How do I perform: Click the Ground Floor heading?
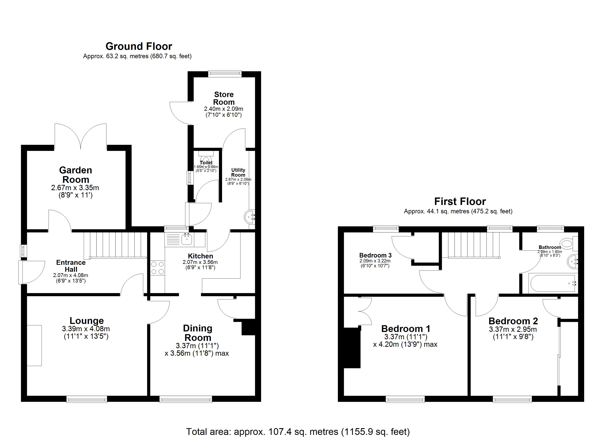139,47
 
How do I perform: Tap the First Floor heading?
460,202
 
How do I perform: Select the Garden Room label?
75,175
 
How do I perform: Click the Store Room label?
224,98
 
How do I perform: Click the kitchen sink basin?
187,239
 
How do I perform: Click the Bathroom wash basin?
572,261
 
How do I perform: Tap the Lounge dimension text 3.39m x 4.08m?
86,328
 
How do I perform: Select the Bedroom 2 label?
513,321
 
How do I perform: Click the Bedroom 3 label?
375,255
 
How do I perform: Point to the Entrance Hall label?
71,266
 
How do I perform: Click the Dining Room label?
198,333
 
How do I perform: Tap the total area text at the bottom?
298,432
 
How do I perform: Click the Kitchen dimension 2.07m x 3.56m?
200,262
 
